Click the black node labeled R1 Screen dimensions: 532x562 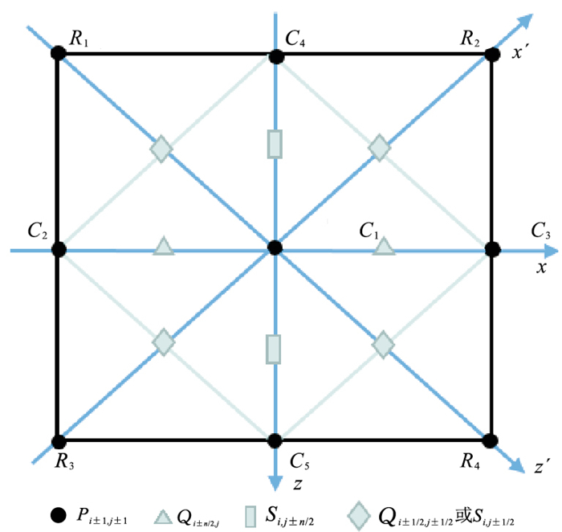[57, 53]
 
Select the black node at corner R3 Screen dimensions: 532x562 [58, 440]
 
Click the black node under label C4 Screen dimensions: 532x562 [275, 56]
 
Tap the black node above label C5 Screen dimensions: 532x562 [275, 440]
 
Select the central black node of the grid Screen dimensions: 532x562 [275, 248]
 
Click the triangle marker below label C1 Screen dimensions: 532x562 [385, 247]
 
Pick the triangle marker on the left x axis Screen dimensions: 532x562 [163, 247]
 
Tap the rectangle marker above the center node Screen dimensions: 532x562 [275, 144]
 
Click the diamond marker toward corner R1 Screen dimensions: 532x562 [162, 149]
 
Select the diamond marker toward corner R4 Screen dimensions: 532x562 [384, 344]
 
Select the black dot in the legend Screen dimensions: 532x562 [56, 513]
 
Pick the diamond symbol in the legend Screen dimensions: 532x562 [359, 511]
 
